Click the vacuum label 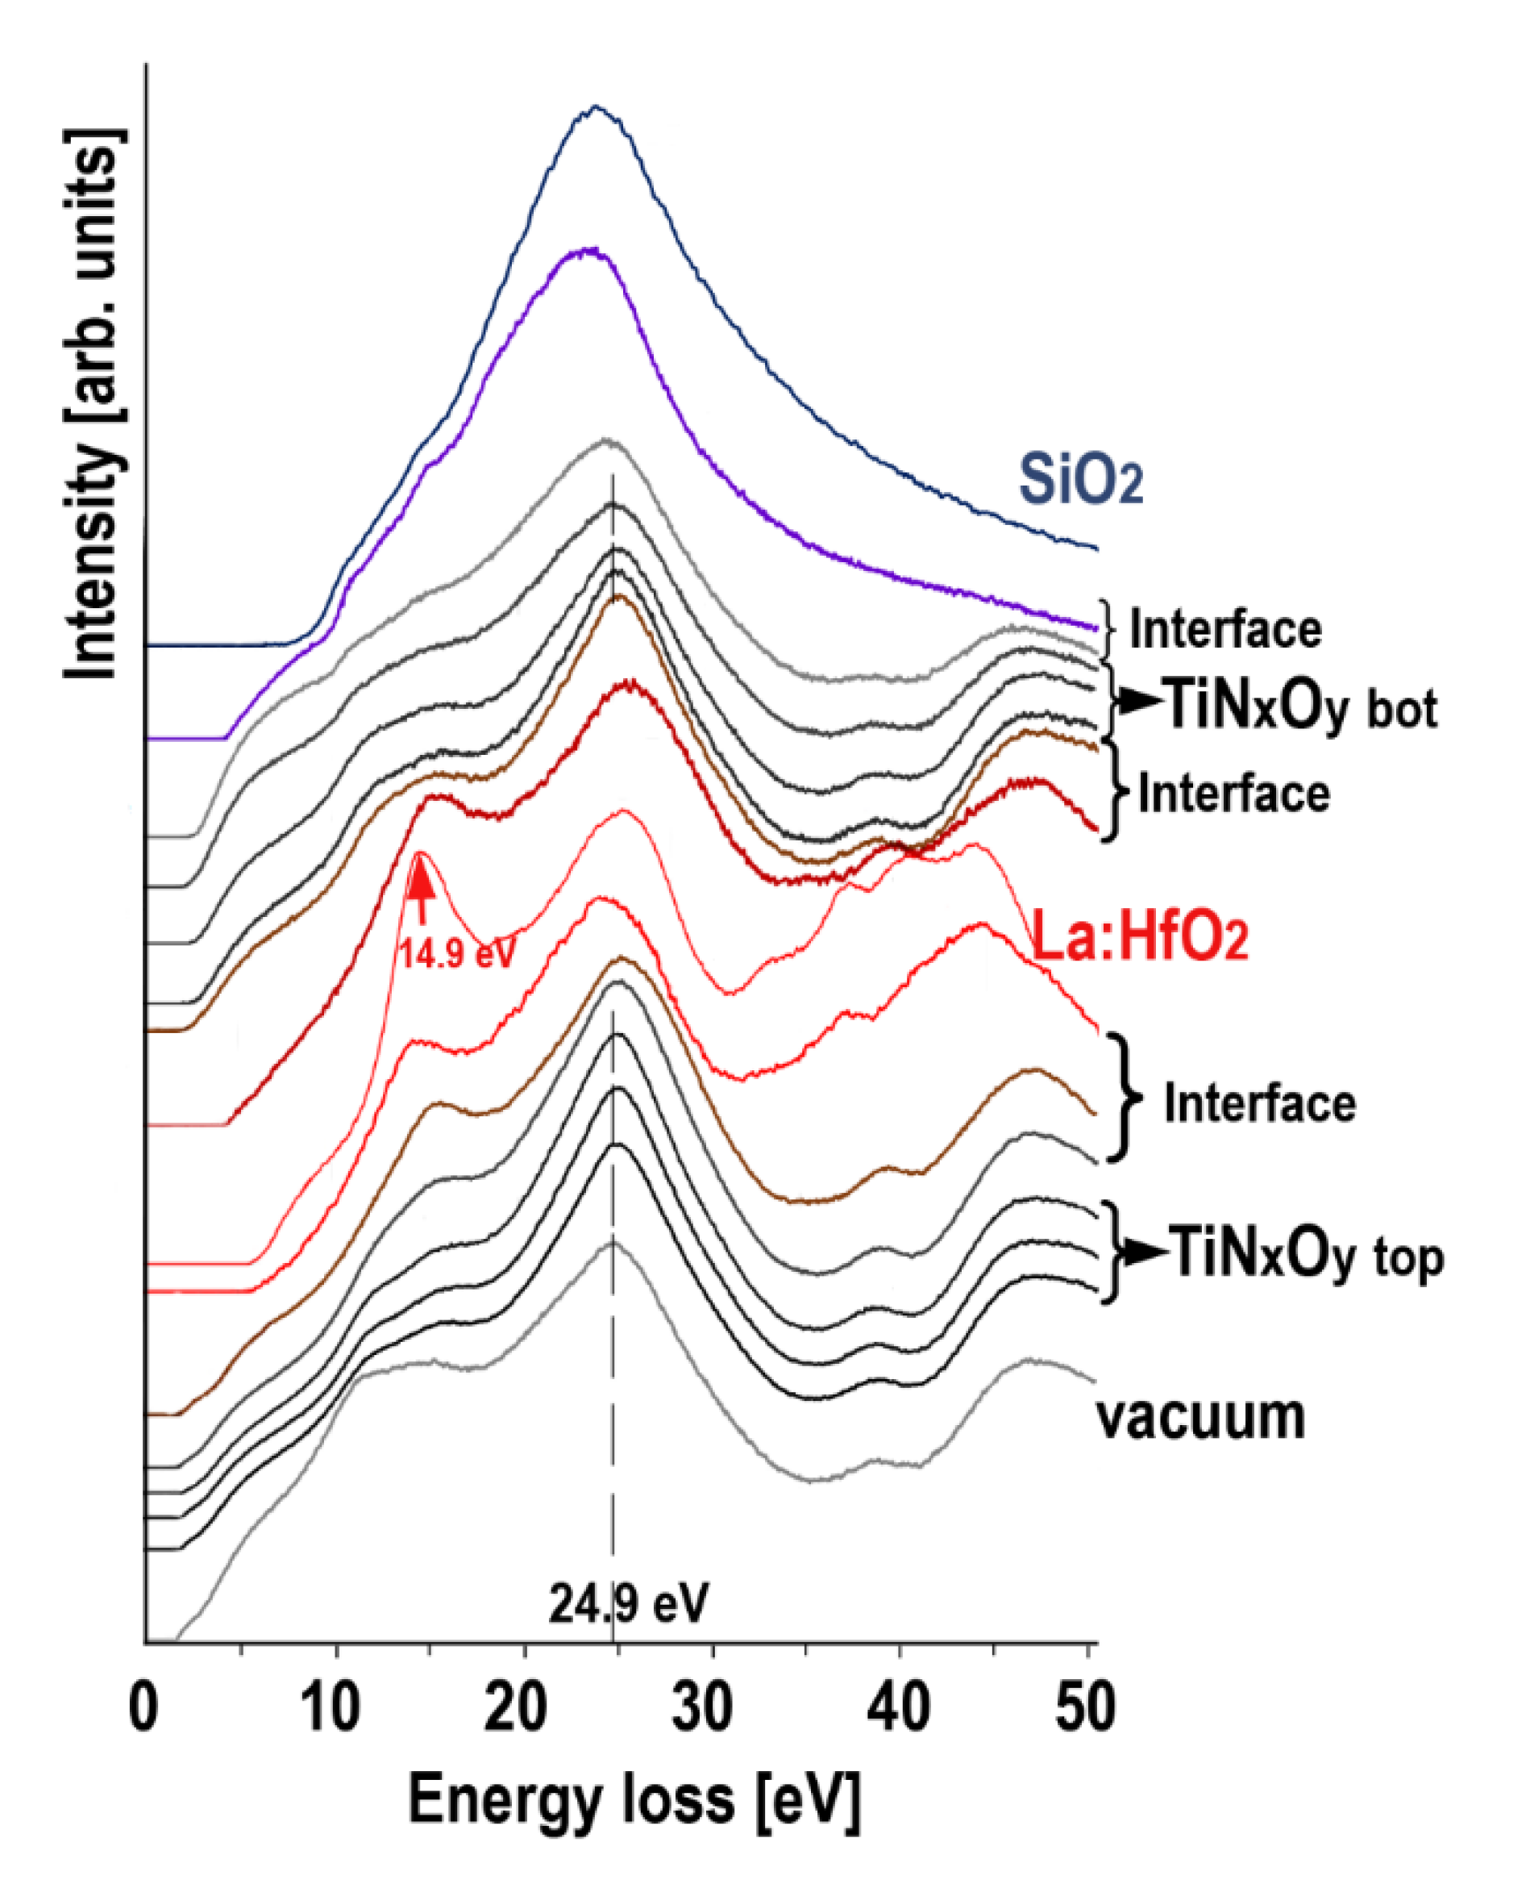1200,1417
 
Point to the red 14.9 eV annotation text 457,953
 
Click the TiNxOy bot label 1301,708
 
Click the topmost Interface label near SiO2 1225,629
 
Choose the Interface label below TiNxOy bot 1234,794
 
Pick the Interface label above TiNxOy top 1259,1104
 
